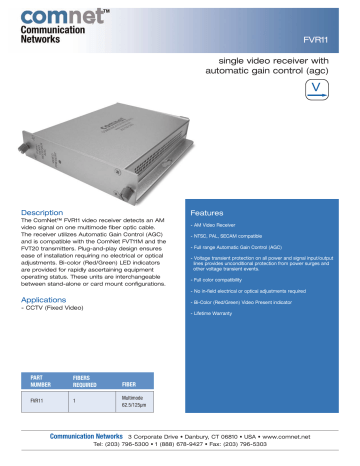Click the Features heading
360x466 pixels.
(x=207, y=212)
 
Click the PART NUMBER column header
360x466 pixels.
(x=39, y=380)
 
